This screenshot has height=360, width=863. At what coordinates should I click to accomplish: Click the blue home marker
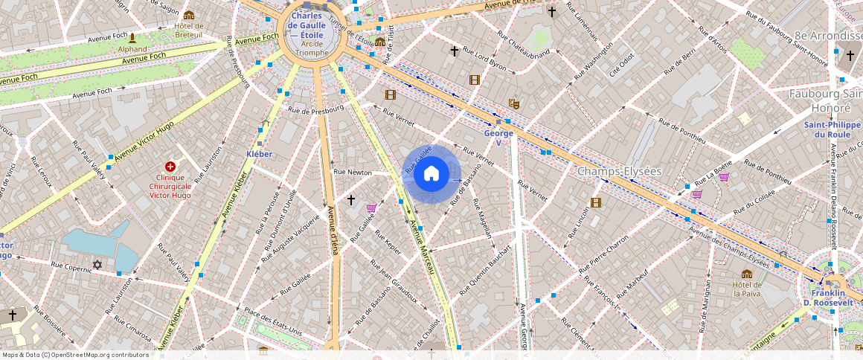point(431,174)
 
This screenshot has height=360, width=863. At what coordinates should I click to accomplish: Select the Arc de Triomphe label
point(311,48)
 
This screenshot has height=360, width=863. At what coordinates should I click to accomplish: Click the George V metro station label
point(498,138)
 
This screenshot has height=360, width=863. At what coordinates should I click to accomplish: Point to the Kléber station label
point(259,154)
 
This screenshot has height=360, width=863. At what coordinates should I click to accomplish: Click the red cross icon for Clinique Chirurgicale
point(170,167)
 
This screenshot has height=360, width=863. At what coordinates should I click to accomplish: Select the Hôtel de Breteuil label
point(188,30)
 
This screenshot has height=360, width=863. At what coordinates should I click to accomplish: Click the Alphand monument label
point(132,49)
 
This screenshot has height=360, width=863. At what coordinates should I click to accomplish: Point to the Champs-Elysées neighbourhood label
point(619,171)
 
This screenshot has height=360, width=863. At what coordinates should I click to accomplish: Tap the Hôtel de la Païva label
point(746,289)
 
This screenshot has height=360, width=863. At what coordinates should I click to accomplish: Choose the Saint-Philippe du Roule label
point(827,129)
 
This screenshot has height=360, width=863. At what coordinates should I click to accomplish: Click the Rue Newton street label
point(353,172)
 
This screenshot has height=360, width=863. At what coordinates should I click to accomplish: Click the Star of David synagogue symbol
point(97,265)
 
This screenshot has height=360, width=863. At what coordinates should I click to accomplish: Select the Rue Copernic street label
point(71,265)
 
